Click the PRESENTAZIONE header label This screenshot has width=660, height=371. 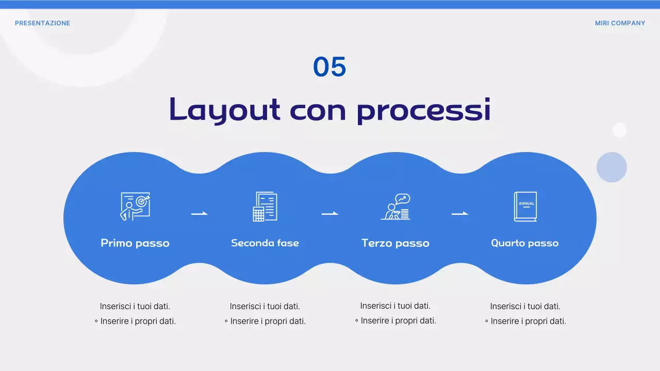(42, 23)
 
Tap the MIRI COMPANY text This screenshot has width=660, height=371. (620, 23)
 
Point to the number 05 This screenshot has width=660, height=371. (329, 68)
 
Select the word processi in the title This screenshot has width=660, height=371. (423, 110)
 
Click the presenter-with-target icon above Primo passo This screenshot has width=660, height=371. (135, 207)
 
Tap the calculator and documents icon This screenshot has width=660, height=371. (265, 207)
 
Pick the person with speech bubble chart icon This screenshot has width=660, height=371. (395, 207)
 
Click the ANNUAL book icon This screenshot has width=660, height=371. (525, 207)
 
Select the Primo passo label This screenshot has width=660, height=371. (135, 243)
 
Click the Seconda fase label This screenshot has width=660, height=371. (265, 243)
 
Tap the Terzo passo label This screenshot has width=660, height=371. (395, 243)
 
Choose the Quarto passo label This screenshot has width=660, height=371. (525, 243)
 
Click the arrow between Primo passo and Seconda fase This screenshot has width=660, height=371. (200, 213)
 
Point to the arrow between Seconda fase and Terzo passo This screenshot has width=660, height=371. (330, 213)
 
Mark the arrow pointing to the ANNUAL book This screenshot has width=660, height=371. (460, 213)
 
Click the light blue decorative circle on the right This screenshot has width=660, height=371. (612, 167)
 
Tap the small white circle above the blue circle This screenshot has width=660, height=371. (619, 130)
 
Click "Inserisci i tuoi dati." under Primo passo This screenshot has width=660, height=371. (135, 306)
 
